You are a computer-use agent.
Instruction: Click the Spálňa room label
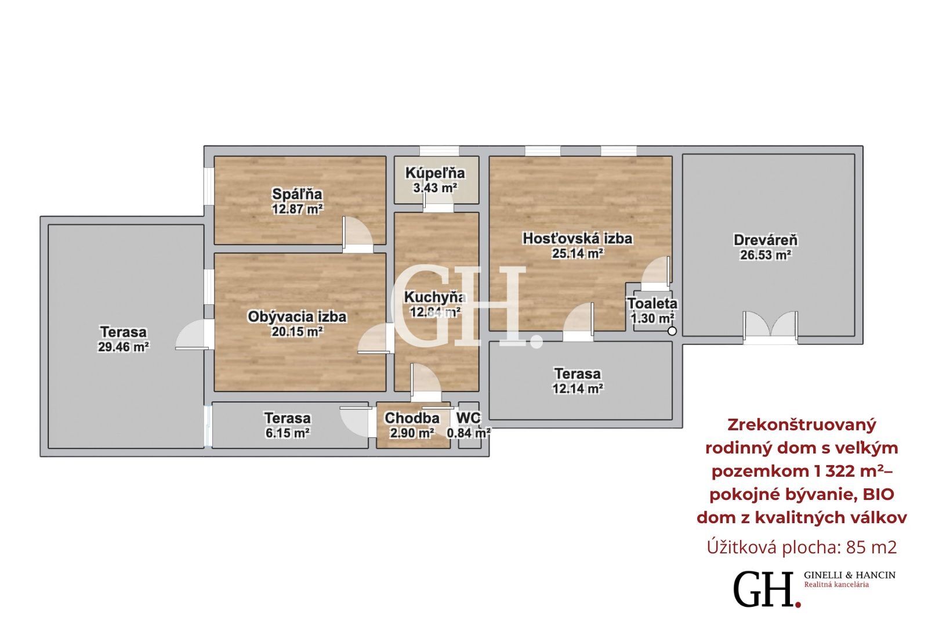(x=297, y=194)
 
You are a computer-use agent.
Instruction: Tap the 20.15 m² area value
(x=297, y=332)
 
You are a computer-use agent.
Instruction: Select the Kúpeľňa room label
(x=435, y=173)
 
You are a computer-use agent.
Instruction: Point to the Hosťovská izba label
(x=578, y=239)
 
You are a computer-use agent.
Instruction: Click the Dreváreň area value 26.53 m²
(x=766, y=255)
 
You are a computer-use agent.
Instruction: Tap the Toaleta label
(x=652, y=304)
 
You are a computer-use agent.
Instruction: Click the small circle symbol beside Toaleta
(x=672, y=331)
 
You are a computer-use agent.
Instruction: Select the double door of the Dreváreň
(x=770, y=328)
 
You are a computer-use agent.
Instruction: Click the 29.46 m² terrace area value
(x=124, y=347)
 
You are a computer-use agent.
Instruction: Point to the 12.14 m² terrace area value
(x=578, y=388)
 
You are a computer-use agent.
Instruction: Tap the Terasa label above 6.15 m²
(x=288, y=418)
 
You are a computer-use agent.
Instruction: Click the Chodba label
(x=412, y=418)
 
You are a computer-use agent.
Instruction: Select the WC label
(x=469, y=418)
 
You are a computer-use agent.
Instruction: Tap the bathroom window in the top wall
(x=439, y=150)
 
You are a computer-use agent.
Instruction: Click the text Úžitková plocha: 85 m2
(x=802, y=547)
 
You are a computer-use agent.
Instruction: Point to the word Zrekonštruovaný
(x=802, y=425)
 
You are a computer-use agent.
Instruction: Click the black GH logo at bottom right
(x=767, y=589)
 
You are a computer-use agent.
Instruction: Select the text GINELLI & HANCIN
(x=850, y=575)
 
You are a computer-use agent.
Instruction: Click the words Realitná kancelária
(x=836, y=585)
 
